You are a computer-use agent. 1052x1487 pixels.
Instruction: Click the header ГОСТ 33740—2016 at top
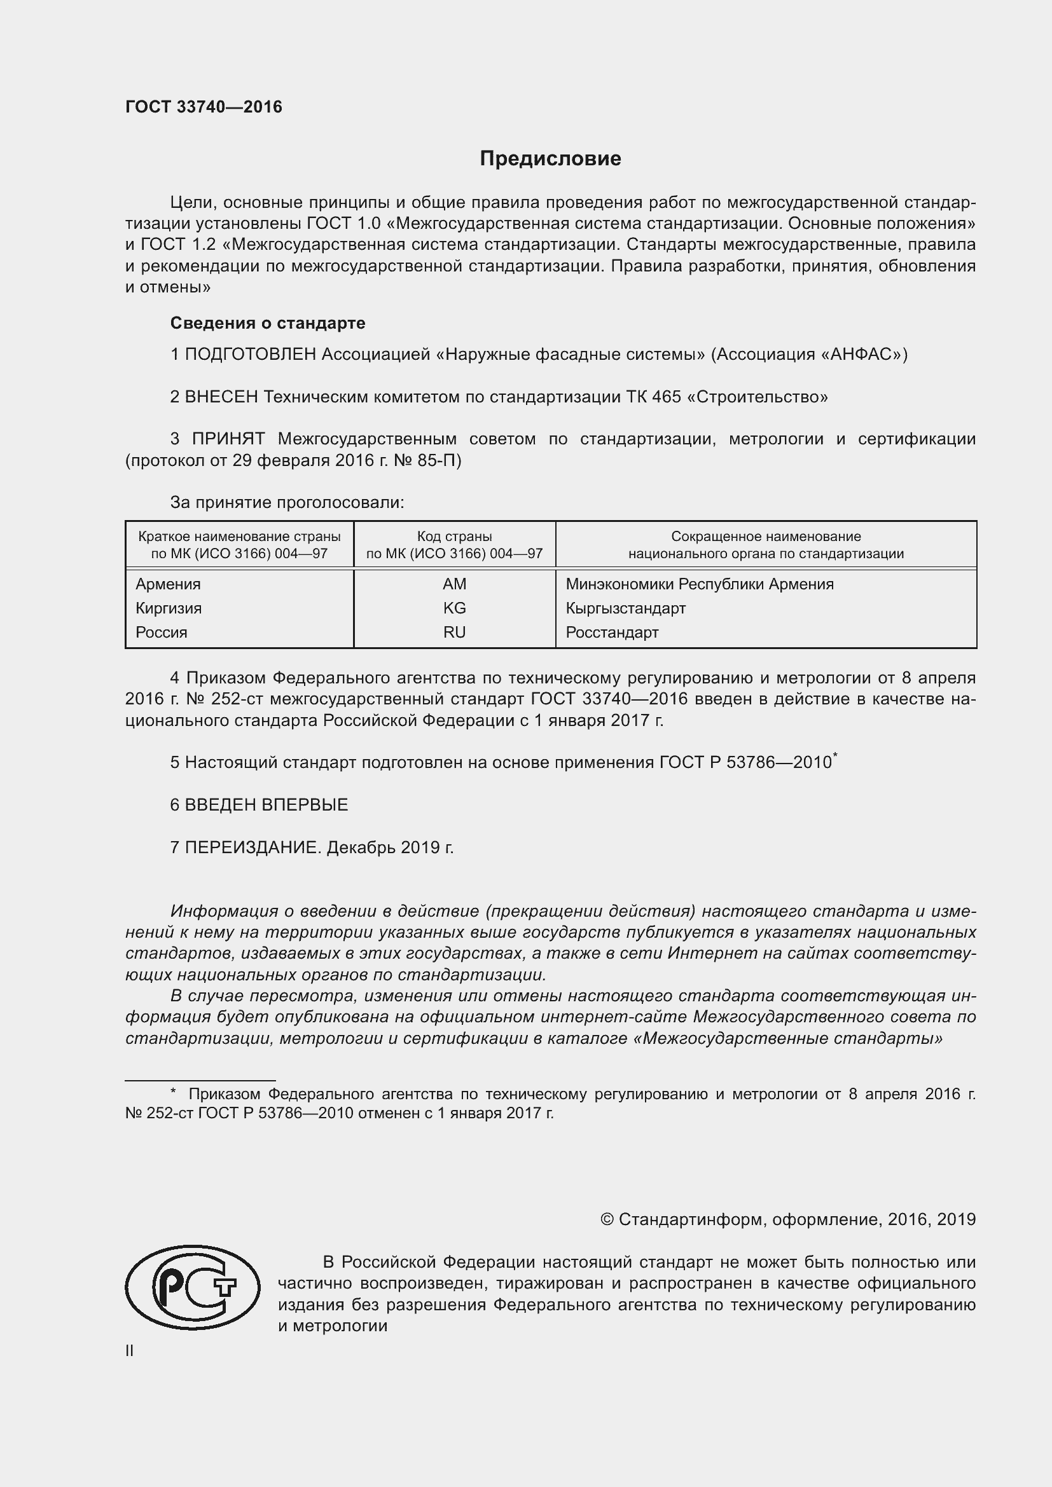pos(204,107)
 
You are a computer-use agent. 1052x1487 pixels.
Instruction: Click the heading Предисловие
pos(550,159)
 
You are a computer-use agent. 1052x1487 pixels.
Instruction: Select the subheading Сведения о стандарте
pos(268,322)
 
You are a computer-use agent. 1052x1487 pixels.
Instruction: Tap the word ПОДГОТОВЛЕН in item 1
pos(250,354)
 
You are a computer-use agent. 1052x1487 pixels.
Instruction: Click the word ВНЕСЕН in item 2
pos(221,396)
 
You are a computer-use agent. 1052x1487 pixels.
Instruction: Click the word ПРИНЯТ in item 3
pos(228,439)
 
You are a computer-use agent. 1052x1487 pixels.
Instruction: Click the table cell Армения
pos(169,584)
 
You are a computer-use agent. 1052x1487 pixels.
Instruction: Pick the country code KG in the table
pos(454,608)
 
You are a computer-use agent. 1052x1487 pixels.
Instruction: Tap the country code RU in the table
pos(454,632)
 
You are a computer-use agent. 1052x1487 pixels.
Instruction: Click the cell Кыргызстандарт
pos(625,608)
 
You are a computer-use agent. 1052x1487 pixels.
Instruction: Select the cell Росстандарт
pos(611,632)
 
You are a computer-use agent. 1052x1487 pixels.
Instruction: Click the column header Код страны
pos(454,537)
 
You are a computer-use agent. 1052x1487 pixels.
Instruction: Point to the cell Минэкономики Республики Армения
pos(699,584)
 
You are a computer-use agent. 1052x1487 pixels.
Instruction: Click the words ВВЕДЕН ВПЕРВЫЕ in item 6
pos(266,804)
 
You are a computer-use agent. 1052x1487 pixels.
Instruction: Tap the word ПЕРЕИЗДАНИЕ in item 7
pos(253,847)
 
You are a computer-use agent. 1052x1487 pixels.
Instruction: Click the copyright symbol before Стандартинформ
pos(607,1219)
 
